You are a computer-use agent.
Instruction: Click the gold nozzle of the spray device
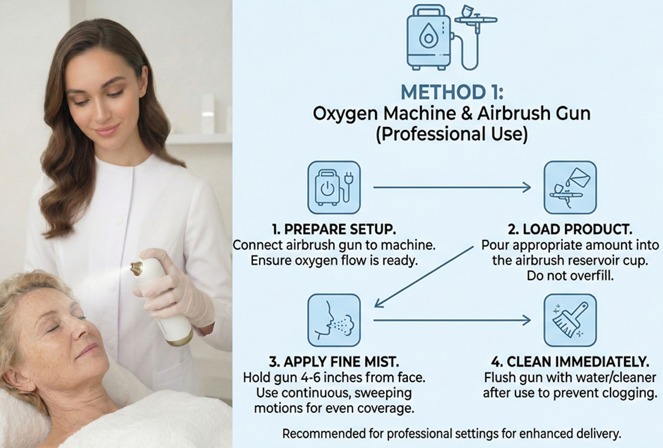coord(137,268)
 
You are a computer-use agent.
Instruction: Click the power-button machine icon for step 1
coord(334,188)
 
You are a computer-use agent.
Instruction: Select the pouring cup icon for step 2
coord(570,188)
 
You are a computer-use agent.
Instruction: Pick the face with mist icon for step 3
coord(334,320)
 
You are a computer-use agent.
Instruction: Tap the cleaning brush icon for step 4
coord(570,320)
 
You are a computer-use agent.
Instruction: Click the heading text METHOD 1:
coord(452,92)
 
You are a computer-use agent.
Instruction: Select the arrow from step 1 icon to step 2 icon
coord(452,187)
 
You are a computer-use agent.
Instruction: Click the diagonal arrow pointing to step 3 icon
coord(424,277)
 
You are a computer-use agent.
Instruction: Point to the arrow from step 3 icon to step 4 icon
coord(452,320)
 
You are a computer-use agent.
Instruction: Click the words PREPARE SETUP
coord(340,229)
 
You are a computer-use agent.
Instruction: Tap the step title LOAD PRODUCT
coord(576,229)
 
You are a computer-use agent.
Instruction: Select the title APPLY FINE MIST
coord(341,362)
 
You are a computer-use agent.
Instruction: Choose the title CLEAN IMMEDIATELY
coord(577,362)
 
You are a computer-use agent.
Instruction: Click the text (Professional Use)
coord(452,134)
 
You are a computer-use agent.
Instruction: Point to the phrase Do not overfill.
coord(570,276)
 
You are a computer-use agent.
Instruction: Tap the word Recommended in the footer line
coord(323,434)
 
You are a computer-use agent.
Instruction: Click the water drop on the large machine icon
coord(428,36)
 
